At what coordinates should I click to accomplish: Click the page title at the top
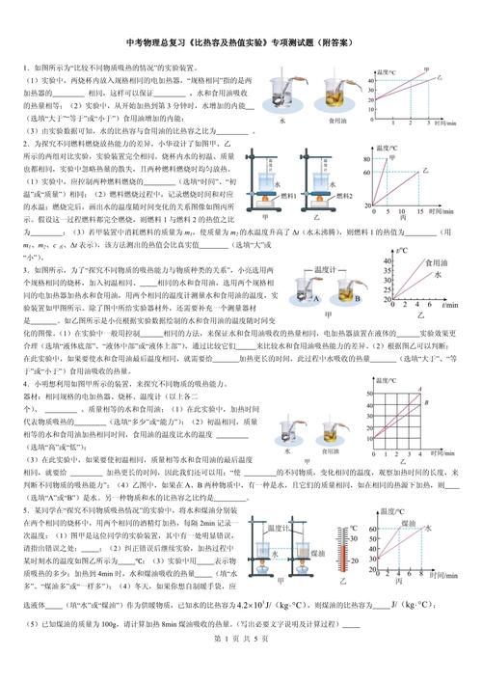pyautogui.click(x=240, y=43)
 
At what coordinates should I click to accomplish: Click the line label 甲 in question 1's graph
pyautogui.click(x=427, y=69)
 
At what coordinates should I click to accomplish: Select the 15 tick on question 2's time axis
pyautogui.click(x=419, y=209)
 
